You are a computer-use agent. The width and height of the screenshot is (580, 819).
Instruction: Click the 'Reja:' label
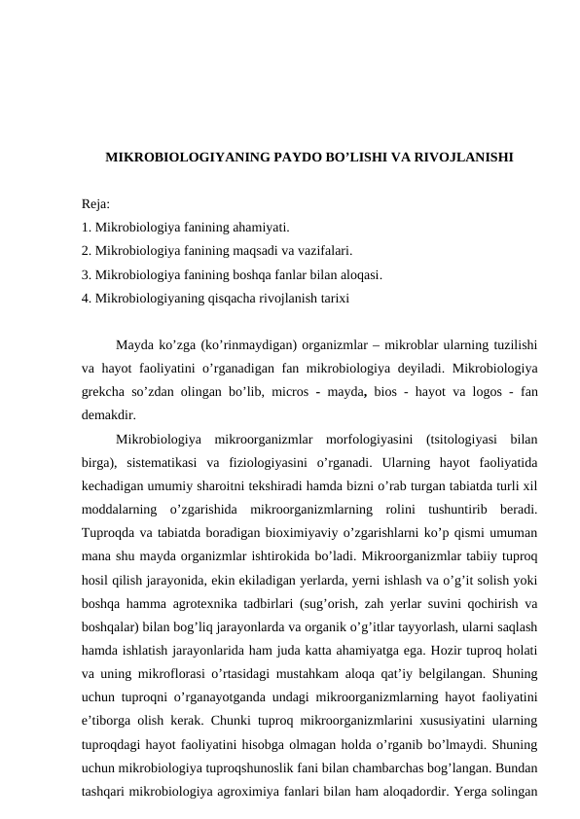(x=96, y=205)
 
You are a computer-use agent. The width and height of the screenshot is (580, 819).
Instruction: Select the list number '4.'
(x=88, y=298)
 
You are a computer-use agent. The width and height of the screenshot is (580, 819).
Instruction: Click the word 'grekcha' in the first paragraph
(x=106, y=390)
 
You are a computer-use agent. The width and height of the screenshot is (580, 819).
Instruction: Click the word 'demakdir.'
(x=110, y=413)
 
